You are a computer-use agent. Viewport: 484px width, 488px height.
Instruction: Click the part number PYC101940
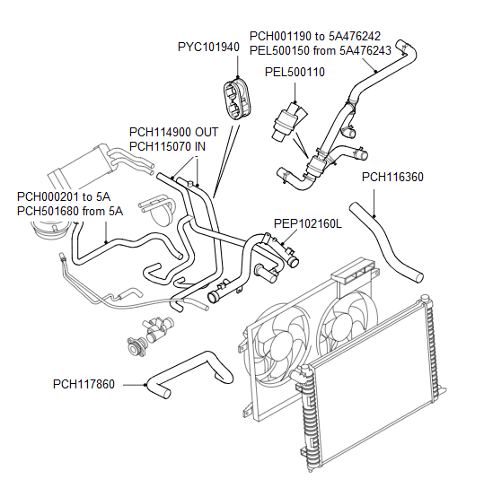click(208, 46)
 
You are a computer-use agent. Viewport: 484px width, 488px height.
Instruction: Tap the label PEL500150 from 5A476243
click(320, 50)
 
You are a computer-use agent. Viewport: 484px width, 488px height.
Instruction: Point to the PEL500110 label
click(295, 72)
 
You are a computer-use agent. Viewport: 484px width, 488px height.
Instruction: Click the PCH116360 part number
click(392, 177)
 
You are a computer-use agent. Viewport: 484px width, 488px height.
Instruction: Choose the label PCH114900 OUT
click(173, 131)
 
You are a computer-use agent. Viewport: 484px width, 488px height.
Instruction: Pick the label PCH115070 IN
click(167, 145)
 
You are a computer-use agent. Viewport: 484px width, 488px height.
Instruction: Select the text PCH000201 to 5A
click(64, 196)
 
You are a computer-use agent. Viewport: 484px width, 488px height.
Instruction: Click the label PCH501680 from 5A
click(69, 211)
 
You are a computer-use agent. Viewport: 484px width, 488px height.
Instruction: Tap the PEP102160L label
click(308, 224)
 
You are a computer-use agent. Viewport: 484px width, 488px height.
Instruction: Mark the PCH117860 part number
click(84, 385)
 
